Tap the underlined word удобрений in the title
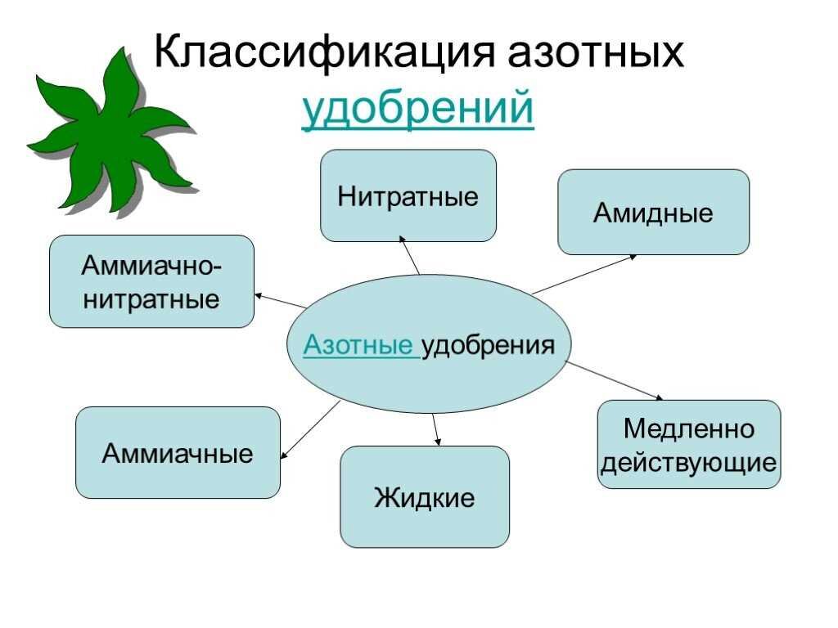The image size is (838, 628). click(x=418, y=109)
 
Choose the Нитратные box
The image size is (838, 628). click(x=408, y=196)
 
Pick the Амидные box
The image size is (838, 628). click(x=653, y=213)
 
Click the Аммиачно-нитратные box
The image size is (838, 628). click(x=151, y=281)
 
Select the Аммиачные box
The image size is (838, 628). click(x=178, y=452)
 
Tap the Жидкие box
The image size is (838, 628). click(x=424, y=496)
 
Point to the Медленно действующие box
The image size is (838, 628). click(x=688, y=445)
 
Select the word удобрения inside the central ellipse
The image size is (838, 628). click(x=488, y=345)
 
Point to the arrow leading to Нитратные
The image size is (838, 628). click(x=410, y=255)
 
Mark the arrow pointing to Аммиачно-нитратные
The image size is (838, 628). click(x=280, y=300)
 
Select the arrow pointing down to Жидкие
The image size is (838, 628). click(x=435, y=428)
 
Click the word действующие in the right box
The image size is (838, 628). click(x=688, y=463)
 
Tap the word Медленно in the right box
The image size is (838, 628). click(x=688, y=428)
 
